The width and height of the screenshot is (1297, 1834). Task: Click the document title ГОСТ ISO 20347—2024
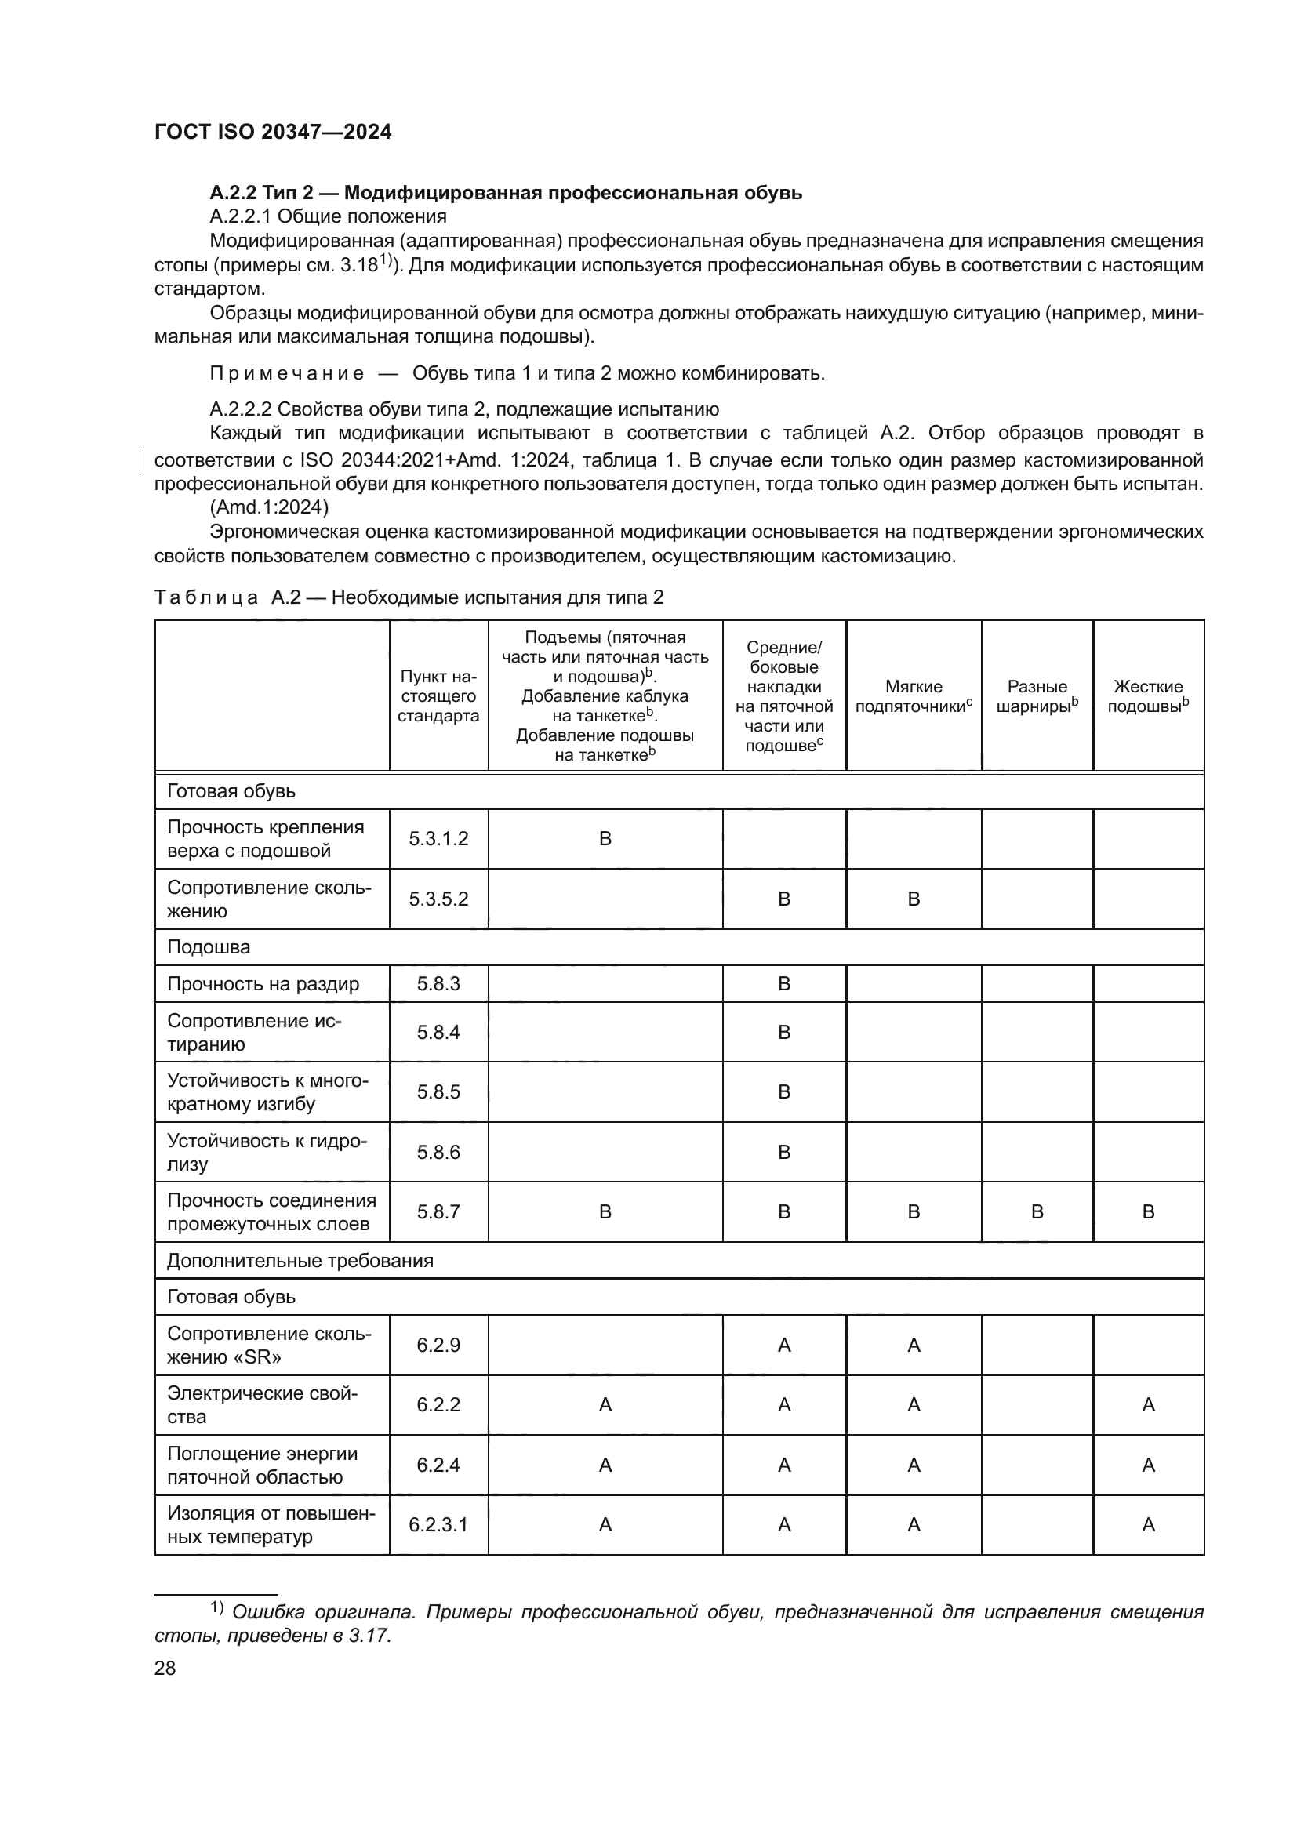(272, 132)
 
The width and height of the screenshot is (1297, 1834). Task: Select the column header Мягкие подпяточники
(913, 695)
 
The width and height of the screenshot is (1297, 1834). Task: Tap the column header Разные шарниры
(1037, 695)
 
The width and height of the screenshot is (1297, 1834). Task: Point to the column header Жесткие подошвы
(1148, 695)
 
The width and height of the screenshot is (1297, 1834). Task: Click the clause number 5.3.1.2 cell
(438, 839)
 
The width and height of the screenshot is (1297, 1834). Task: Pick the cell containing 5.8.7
(438, 1211)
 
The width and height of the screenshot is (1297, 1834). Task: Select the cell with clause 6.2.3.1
(438, 1524)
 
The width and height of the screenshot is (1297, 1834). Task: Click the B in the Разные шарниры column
(1037, 1211)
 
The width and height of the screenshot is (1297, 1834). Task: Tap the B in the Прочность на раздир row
(783, 983)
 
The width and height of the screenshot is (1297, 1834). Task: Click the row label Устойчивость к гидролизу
(267, 1152)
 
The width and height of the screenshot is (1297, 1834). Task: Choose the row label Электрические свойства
(262, 1404)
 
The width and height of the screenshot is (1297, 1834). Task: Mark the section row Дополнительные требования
(300, 1261)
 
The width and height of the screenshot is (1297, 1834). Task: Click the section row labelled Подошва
(209, 947)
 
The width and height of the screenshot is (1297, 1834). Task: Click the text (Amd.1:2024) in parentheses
(269, 507)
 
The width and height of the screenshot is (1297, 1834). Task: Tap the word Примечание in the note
(287, 373)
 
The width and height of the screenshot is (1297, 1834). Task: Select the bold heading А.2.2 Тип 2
(506, 193)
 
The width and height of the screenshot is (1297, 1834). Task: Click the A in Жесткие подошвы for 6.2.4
(1148, 1465)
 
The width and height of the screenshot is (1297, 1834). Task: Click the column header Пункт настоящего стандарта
(438, 695)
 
